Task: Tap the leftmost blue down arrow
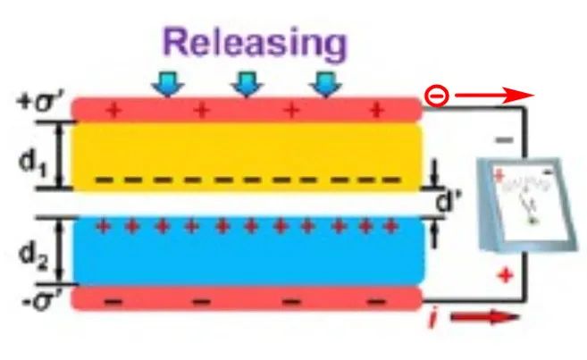pos(166,84)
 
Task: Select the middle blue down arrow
pos(247,84)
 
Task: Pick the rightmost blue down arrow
pos(325,84)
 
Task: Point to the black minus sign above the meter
pos(505,140)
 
